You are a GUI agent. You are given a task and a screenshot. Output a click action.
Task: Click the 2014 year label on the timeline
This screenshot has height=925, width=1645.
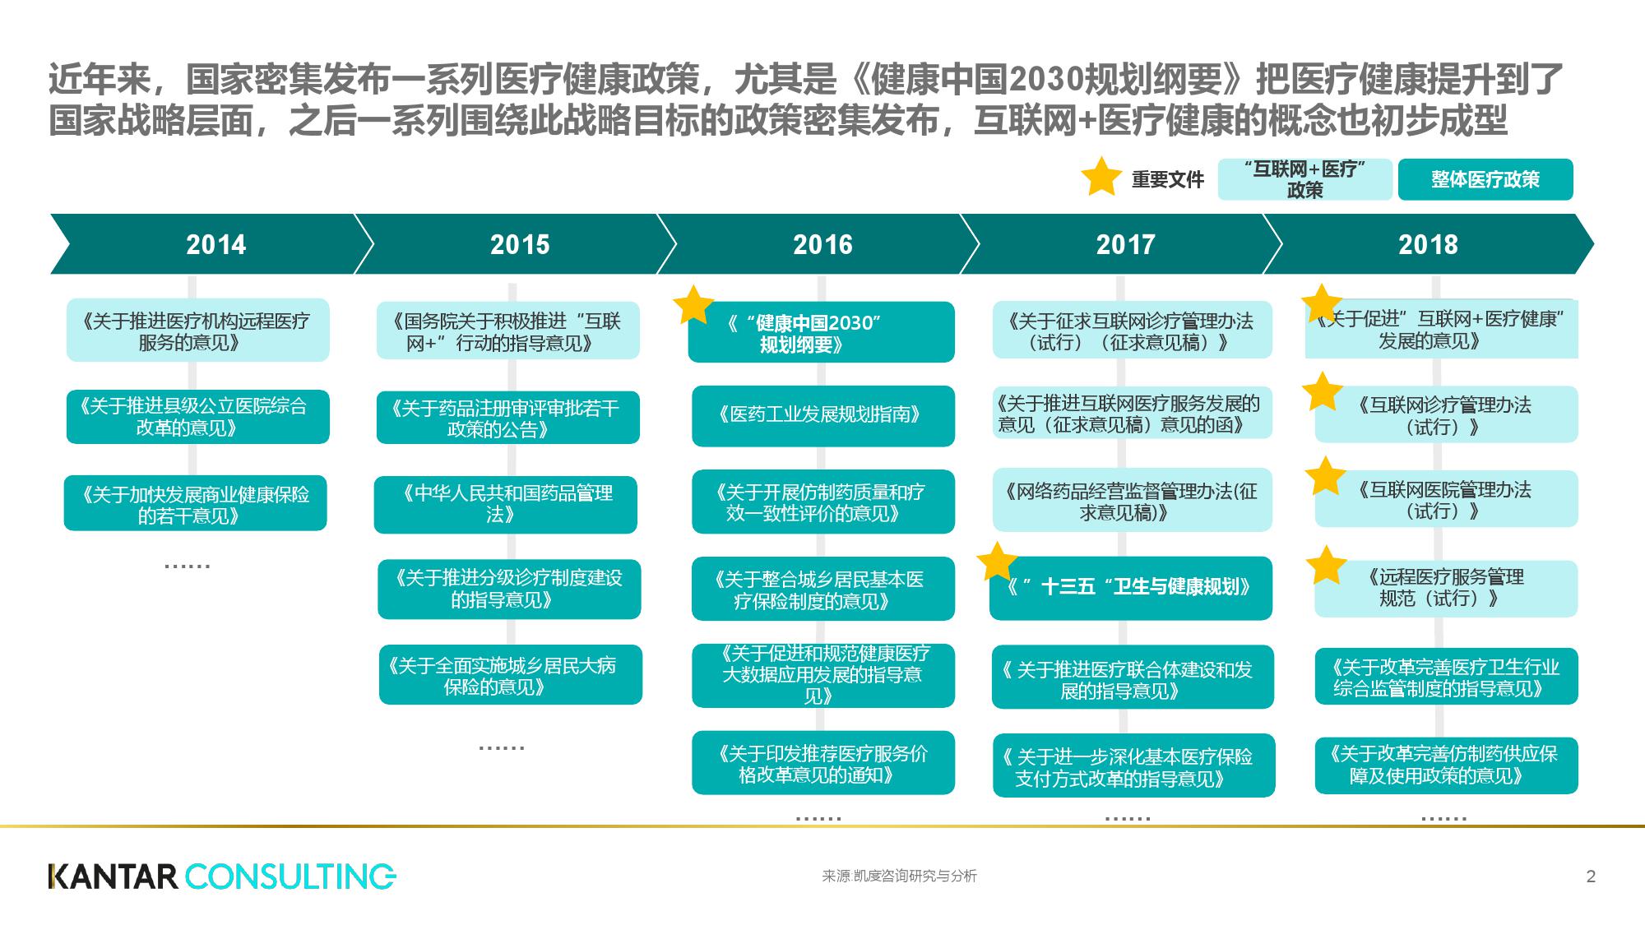(215, 244)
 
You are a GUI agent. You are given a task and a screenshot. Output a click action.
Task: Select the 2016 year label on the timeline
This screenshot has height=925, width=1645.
(822, 244)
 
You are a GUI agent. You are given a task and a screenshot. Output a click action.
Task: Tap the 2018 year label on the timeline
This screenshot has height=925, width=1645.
(1428, 244)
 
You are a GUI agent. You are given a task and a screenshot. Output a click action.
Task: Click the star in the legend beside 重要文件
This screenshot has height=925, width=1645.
(1101, 177)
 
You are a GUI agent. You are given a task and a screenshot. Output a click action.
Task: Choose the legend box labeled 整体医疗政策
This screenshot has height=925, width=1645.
(1485, 179)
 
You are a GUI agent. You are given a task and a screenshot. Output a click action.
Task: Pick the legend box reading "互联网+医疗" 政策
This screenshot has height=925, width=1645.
(1304, 179)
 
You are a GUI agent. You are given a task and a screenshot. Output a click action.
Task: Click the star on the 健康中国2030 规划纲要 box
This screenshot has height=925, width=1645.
(693, 305)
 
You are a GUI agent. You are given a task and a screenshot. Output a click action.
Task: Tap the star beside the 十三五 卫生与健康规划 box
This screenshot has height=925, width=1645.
(998, 562)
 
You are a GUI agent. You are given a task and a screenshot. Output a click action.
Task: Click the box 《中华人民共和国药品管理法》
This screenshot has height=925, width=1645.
(506, 505)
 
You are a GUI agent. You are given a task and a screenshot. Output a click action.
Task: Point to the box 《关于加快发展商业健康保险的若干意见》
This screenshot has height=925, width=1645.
(196, 503)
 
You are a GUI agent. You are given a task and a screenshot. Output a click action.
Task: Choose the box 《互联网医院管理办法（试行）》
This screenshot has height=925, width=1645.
(1447, 499)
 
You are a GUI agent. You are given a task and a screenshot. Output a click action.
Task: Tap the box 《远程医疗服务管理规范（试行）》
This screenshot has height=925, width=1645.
(1446, 589)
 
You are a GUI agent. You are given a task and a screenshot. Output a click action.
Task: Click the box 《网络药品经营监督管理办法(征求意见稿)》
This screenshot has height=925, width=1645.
(1133, 501)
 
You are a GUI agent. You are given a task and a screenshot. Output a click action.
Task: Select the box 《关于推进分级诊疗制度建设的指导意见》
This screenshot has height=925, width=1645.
(509, 590)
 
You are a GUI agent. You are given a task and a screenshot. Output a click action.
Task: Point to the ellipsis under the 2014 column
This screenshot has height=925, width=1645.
(188, 566)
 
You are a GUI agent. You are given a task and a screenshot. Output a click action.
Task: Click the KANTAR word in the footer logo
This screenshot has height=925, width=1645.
(114, 876)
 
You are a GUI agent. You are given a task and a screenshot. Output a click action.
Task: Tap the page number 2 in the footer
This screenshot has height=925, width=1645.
(1591, 876)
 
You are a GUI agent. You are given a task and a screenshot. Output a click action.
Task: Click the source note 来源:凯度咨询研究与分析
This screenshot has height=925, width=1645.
(899, 876)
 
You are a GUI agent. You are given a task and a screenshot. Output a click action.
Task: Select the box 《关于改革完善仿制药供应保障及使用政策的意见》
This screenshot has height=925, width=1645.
(1447, 765)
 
